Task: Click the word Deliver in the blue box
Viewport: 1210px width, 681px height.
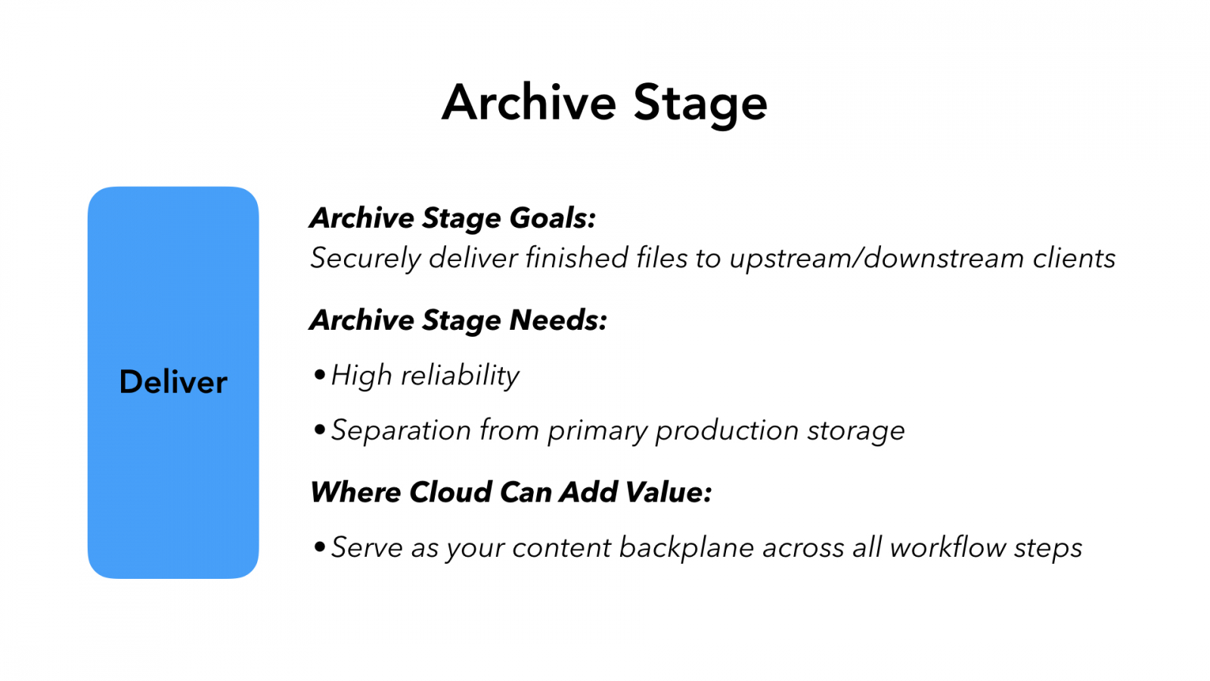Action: click(x=173, y=382)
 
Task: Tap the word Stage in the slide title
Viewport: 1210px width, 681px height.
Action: click(x=700, y=104)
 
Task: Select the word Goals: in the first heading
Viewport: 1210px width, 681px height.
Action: click(x=553, y=218)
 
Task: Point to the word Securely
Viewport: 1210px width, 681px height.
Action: click(x=365, y=259)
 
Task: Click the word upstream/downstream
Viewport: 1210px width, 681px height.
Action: click(x=876, y=259)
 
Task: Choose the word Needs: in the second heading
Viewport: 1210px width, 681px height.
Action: click(x=558, y=320)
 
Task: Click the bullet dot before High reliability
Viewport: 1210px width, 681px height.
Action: click(x=320, y=375)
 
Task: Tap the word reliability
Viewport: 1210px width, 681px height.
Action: click(x=460, y=375)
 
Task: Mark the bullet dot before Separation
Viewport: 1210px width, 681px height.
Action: click(x=320, y=430)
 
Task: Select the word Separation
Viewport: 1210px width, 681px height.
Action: click(x=402, y=431)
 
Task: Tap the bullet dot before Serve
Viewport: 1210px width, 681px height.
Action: click(x=320, y=546)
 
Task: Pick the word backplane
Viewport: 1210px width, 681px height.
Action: click(x=686, y=547)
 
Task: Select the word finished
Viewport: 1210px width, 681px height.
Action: click(x=576, y=258)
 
